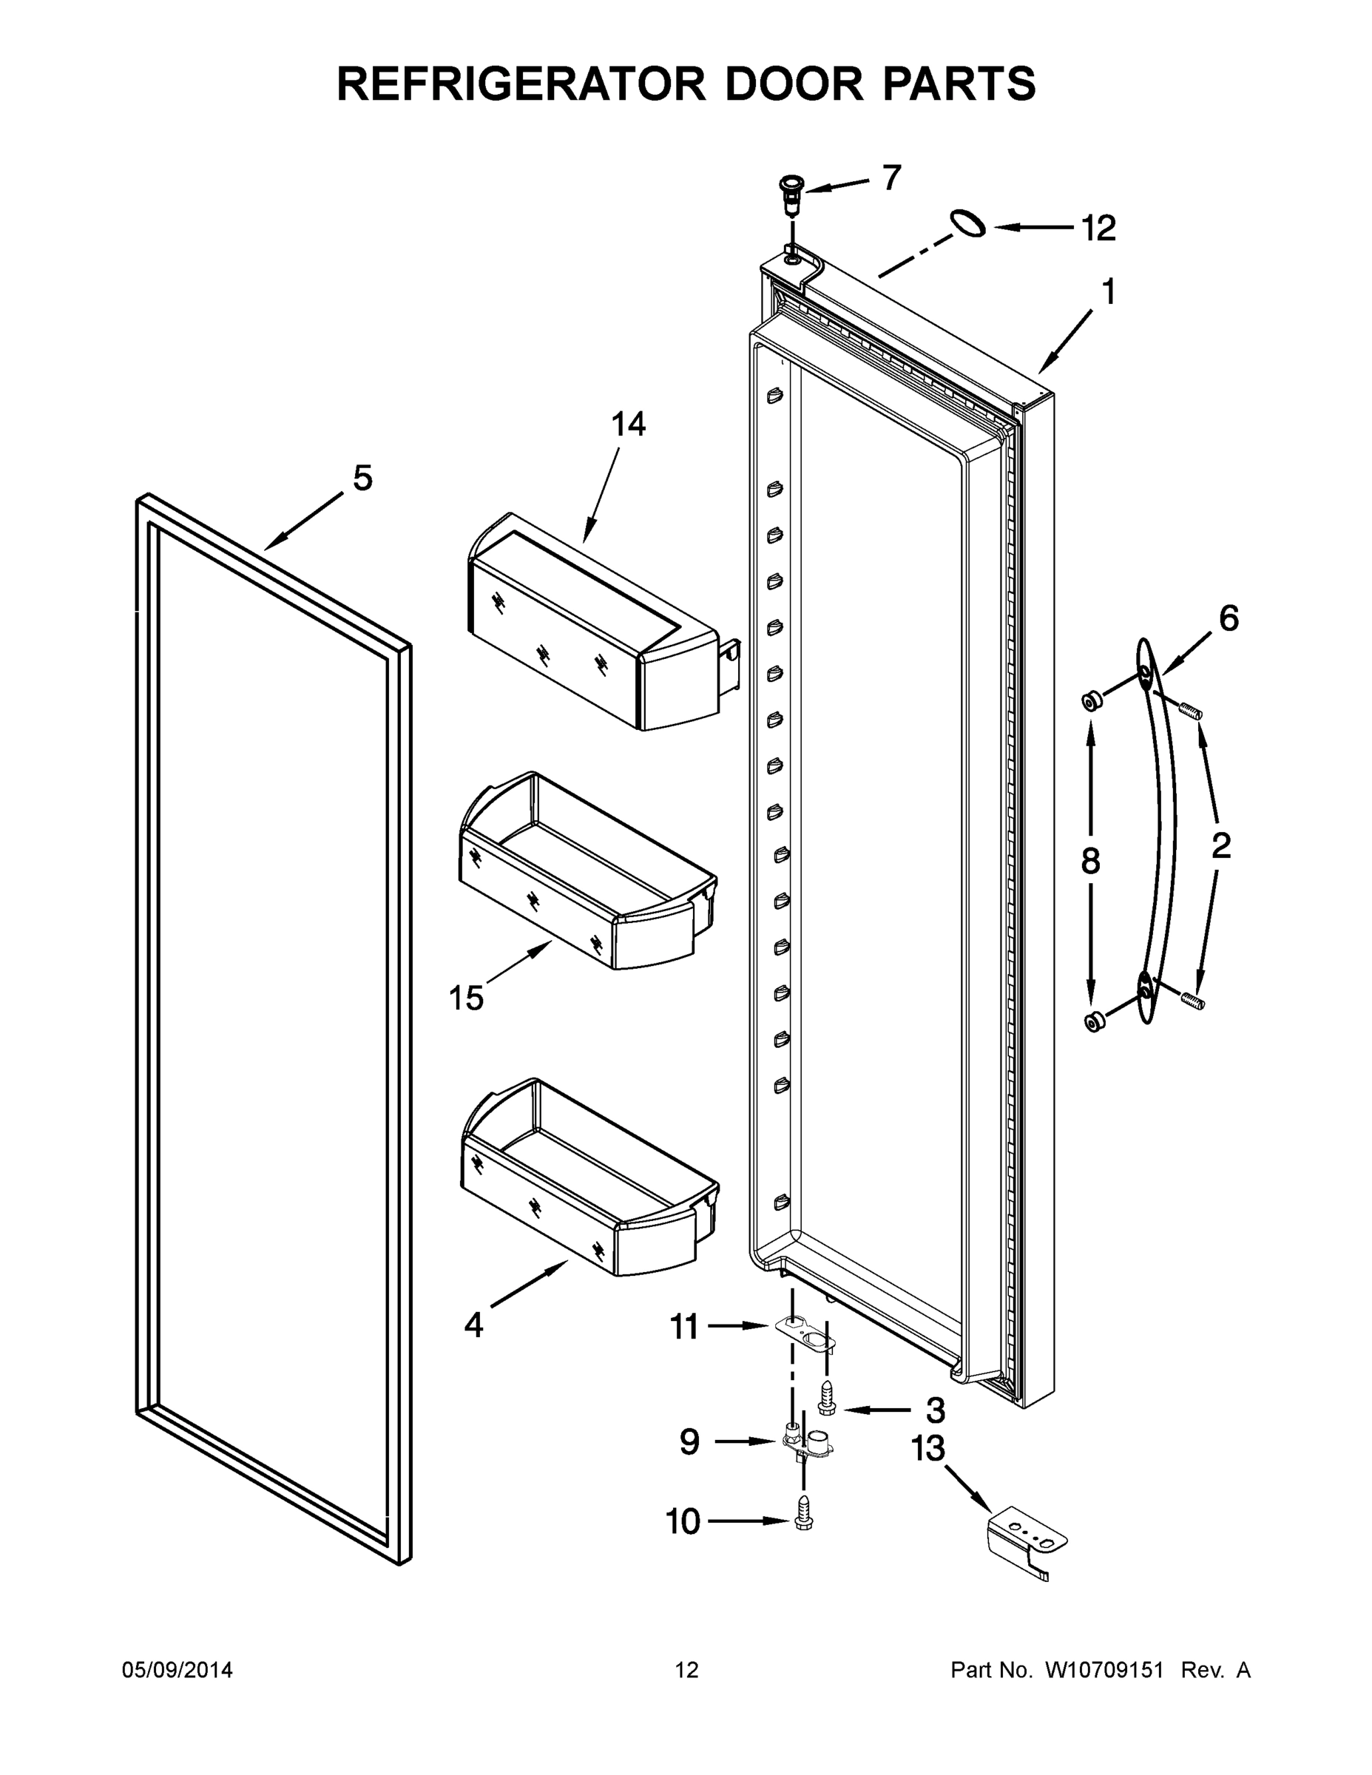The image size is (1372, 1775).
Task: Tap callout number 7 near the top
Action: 892,178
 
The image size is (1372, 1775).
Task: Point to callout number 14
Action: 628,425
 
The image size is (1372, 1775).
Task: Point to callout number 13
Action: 927,1448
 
